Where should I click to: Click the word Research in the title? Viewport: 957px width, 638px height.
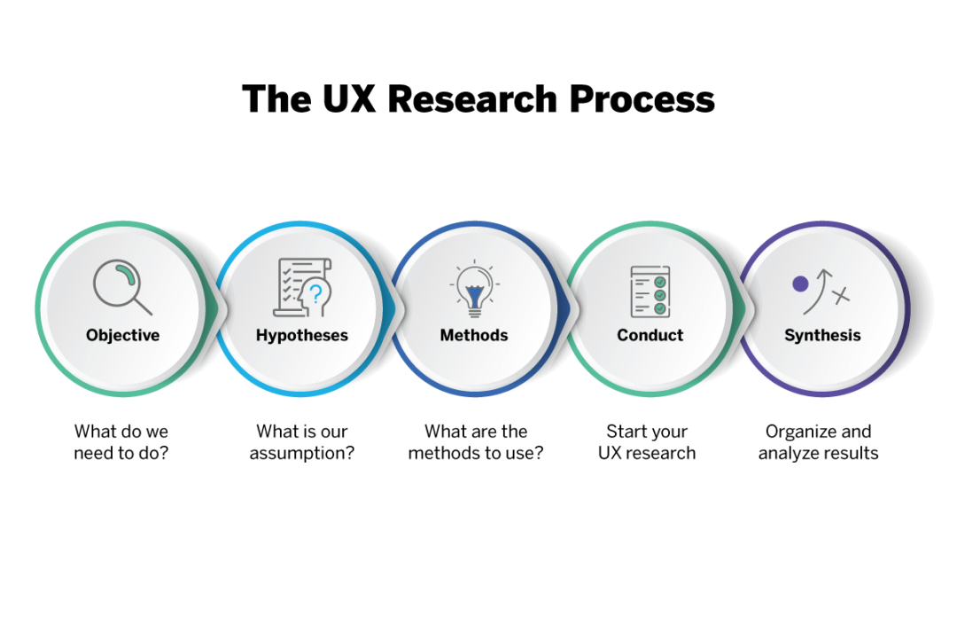[474, 98]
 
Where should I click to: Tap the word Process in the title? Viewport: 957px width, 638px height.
[642, 98]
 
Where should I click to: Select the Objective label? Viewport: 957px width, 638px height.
[123, 335]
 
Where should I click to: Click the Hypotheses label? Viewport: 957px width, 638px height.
[302, 335]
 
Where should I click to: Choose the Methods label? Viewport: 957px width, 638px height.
[474, 335]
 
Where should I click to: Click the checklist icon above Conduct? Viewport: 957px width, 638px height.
[650, 291]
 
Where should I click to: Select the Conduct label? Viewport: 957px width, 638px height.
[650, 335]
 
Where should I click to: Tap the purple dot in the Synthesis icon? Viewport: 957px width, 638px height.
[800, 284]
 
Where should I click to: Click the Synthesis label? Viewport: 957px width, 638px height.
[822, 335]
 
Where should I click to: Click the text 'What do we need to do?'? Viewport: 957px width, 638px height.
[121, 442]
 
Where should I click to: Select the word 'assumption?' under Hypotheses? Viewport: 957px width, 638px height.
[302, 453]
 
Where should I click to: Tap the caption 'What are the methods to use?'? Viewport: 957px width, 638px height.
[476, 442]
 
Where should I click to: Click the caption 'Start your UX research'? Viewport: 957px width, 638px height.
[647, 442]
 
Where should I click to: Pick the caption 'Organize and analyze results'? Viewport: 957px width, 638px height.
[819, 442]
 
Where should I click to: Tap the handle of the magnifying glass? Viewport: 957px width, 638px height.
[143, 306]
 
